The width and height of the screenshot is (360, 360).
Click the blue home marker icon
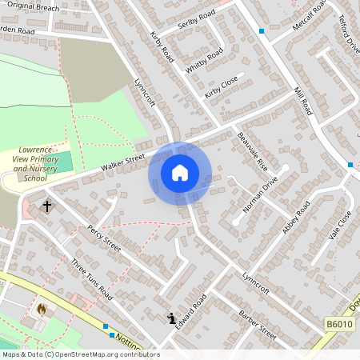click(180, 173)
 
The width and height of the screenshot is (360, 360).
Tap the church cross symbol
click(46, 206)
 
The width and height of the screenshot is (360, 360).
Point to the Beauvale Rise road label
click(251, 151)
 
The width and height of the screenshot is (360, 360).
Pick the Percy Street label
click(104, 238)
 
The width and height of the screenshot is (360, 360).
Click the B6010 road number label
click(340, 323)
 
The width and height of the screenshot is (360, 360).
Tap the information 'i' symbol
click(171, 318)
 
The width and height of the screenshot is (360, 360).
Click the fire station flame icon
click(42, 308)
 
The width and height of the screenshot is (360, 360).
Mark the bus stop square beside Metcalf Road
click(261, 31)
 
